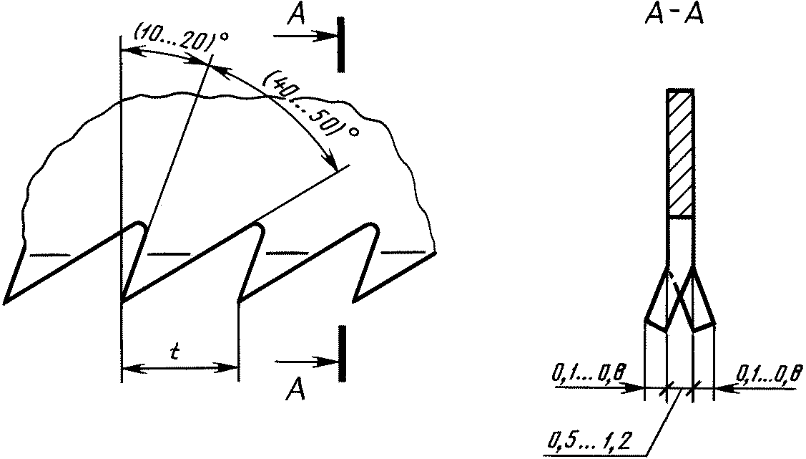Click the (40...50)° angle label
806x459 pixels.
tap(310, 102)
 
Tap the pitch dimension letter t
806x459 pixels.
tap(175, 352)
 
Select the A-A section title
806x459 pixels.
tap(674, 16)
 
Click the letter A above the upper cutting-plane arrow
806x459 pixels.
tap(296, 15)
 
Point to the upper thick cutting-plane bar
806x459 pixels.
tap(341, 44)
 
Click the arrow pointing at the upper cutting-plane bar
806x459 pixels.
tap(305, 36)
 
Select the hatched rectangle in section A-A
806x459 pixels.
tap(681, 153)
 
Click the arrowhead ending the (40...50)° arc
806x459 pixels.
tap(330, 160)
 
